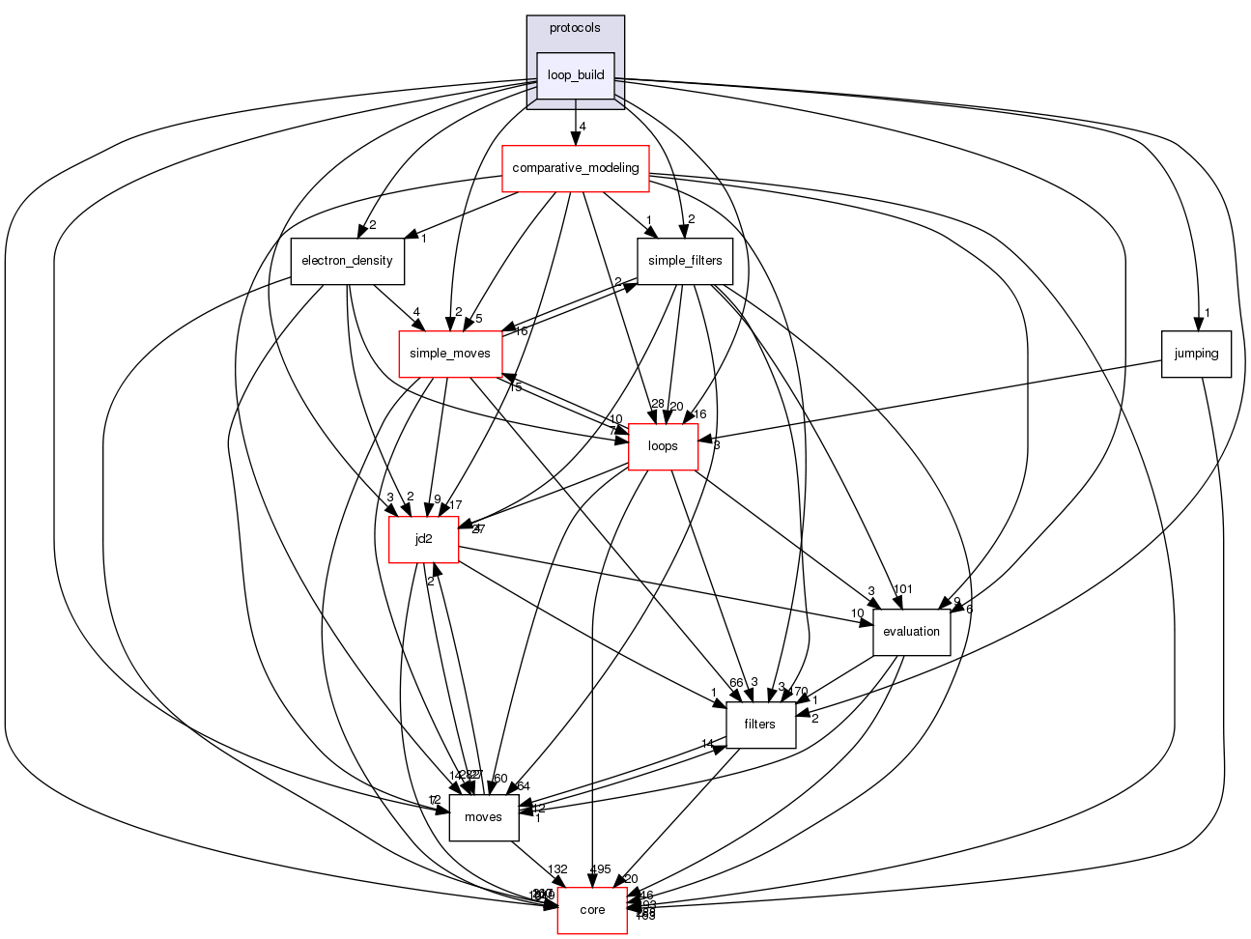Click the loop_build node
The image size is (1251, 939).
(576, 75)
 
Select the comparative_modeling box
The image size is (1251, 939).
(576, 168)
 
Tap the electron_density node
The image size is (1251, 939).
(347, 261)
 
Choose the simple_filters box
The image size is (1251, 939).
(685, 261)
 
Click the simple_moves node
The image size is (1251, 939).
(449, 354)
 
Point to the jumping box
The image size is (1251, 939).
(1196, 354)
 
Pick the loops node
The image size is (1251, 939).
(663, 446)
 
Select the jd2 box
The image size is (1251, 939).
(423, 539)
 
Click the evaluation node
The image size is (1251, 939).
(911, 632)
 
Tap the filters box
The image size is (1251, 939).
(760, 725)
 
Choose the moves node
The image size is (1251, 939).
(483, 817)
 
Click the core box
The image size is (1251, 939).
(592, 910)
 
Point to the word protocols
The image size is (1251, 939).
(575, 28)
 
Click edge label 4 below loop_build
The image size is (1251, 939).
(583, 127)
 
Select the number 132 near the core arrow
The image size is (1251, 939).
(557, 869)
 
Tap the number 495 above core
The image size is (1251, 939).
(600, 869)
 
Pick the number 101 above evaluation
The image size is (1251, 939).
(903, 589)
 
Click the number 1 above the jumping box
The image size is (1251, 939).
(1207, 312)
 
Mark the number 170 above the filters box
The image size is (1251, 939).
(798, 692)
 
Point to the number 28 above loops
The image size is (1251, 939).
(658, 404)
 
